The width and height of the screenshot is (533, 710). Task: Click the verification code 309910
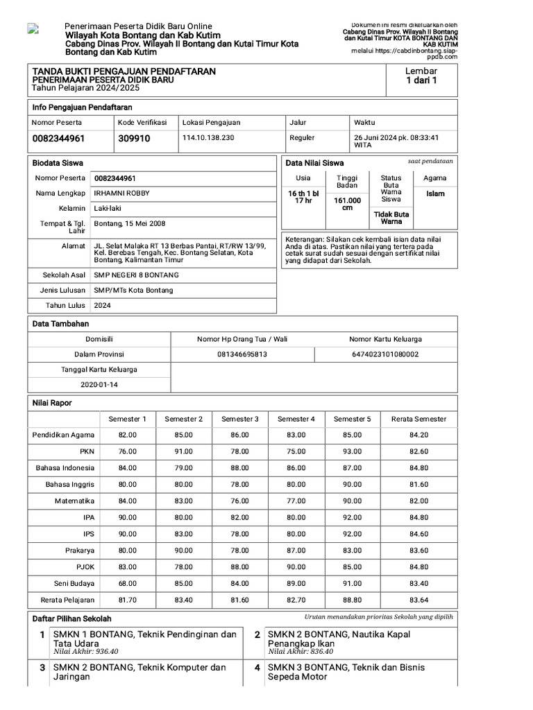click(134, 139)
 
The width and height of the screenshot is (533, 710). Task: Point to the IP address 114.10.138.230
click(208, 138)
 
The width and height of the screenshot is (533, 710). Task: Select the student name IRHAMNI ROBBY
click(121, 193)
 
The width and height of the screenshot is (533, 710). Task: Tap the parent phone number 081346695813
click(242, 354)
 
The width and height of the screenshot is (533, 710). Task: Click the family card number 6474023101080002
click(385, 354)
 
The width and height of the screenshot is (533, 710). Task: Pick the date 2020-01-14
click(99, 384)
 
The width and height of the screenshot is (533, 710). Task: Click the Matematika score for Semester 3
click(239, 501)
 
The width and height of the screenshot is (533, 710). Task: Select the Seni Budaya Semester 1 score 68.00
click(127, 583)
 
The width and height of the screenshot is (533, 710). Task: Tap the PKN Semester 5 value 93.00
click(352, 451)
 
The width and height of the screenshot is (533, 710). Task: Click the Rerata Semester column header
click(418, 419)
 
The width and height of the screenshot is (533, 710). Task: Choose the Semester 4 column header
click(296, 419)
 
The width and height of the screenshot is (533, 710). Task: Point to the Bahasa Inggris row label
click(70, 484)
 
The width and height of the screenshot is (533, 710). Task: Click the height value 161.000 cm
click(348, 204)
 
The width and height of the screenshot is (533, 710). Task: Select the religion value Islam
click(435, 194)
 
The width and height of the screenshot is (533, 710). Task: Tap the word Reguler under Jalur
click(302, 138)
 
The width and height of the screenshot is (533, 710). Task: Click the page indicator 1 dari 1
click(421, 81)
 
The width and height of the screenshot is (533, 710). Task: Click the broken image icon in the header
click(33, 28)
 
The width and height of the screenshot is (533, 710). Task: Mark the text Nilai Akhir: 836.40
click(301, 652)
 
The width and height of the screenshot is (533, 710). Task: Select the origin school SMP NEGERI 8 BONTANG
click(136, 275)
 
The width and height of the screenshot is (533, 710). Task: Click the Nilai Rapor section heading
click(52, 403)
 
